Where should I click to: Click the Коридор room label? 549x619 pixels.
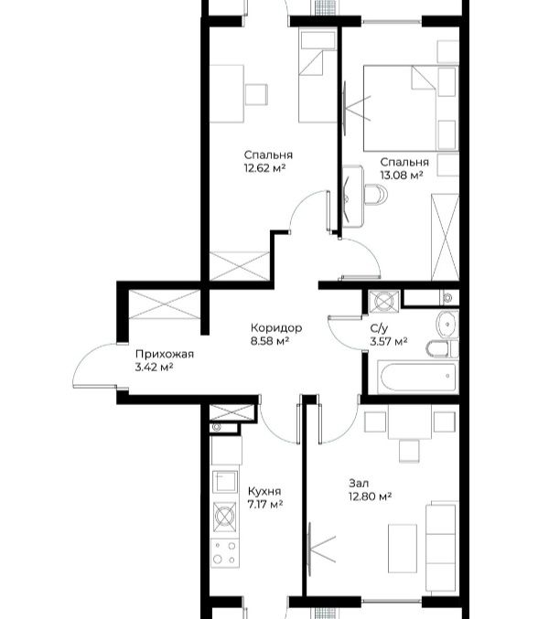pos(276,327)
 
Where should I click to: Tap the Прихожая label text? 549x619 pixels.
pos(165,354)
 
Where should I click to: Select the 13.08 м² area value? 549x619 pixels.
pos(402,175)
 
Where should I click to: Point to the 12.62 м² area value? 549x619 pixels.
pos(264,168)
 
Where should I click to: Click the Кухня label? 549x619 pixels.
pos(264,491)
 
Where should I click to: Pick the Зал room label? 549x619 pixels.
pos(359,483)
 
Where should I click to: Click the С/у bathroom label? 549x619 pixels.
pos(379,328)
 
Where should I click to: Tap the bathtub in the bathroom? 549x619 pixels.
pos(418,377)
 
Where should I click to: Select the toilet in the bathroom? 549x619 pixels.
pos(442,348)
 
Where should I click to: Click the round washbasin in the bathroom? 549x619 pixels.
pos(447,324)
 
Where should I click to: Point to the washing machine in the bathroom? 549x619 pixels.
pos(383,301)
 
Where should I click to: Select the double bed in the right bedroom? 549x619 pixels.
pos(411,108)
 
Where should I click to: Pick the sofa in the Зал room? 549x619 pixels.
pos(442,547)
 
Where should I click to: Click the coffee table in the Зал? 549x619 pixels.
pos(402,549)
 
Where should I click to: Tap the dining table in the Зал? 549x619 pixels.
pos(410,422)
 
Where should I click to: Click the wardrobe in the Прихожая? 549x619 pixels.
pos(165,304)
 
